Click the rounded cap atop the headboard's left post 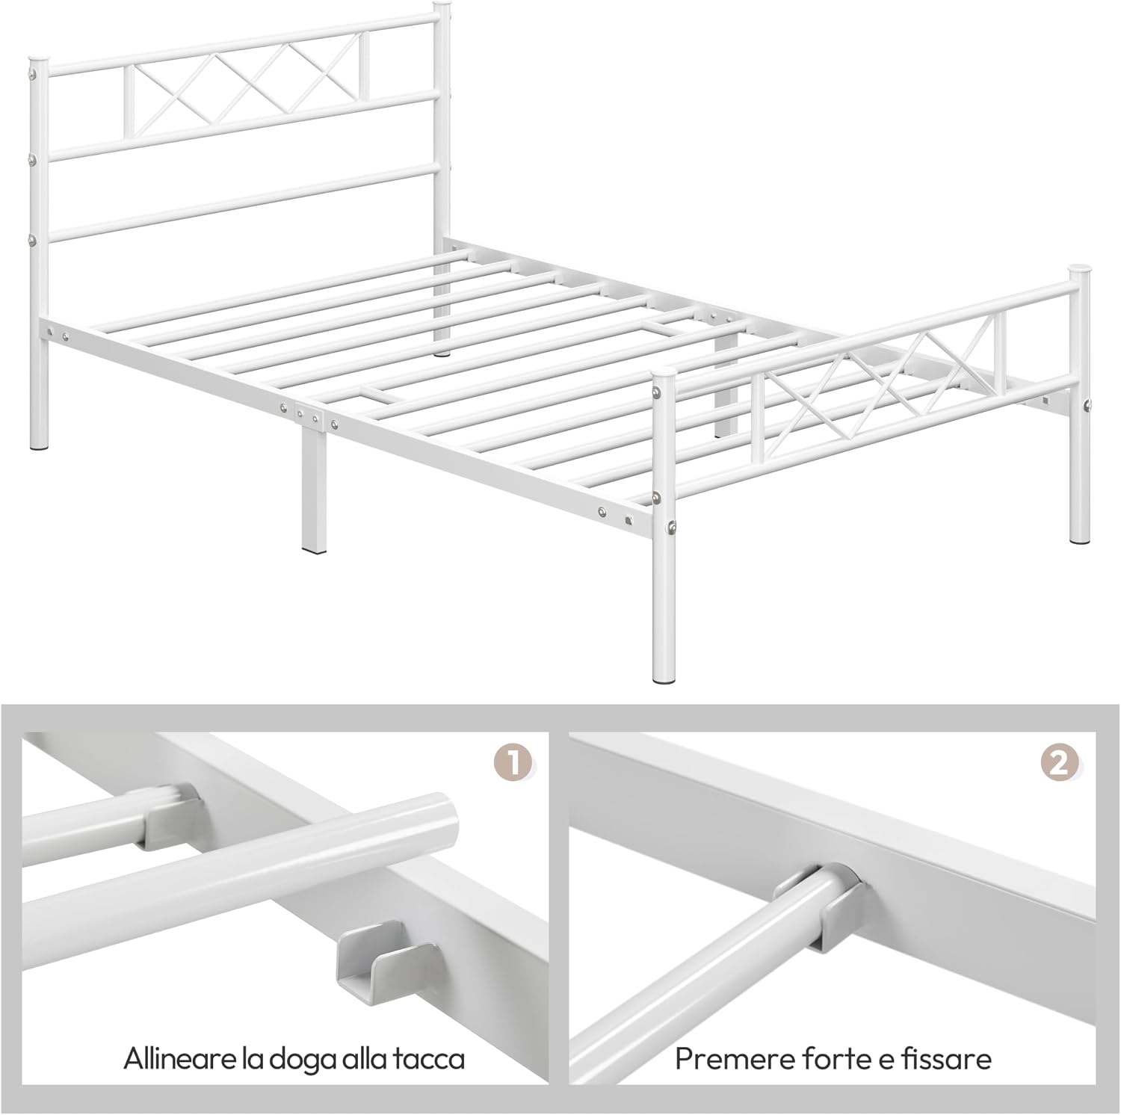[x=39, y=59]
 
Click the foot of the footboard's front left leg [x=662, y=677]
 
